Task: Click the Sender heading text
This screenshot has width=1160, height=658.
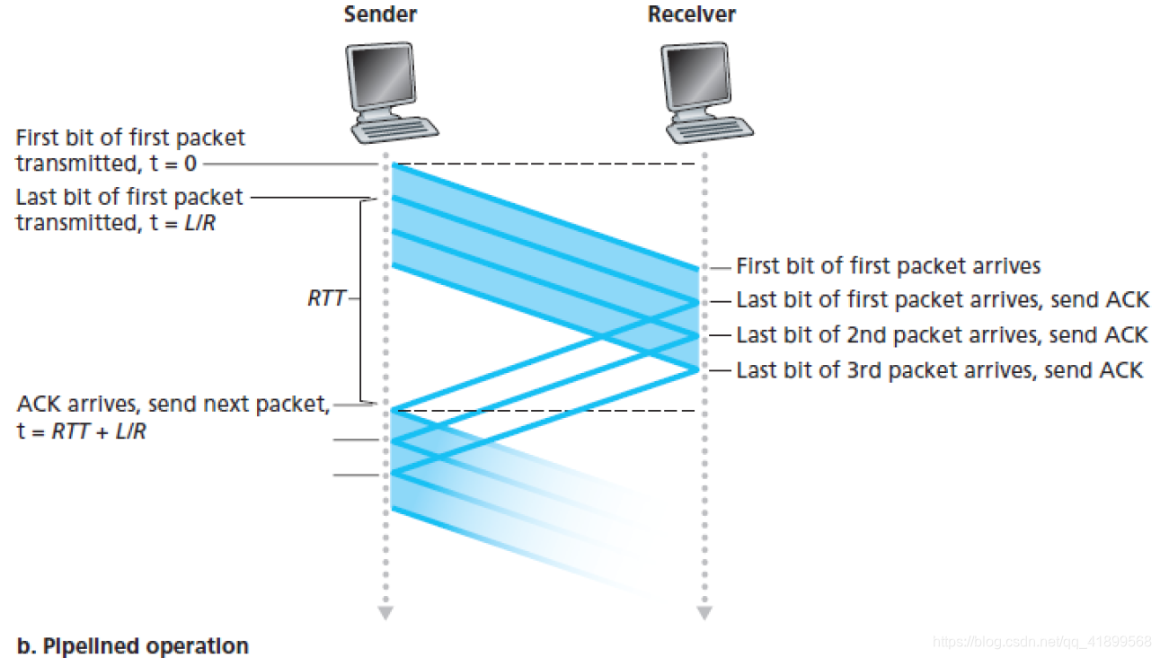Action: [380, 14]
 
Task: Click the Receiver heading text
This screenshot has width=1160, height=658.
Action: [691, 14]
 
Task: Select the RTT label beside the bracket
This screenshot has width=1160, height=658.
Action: [326, 298]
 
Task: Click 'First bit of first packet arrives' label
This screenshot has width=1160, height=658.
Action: [888, 266]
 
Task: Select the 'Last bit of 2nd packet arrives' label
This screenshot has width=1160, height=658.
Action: [942, 335]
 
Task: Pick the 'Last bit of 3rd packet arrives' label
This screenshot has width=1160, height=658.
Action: [939, 369]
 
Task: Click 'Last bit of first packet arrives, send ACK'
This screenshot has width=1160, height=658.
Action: [943, 300]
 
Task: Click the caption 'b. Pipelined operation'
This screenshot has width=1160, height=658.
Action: [132, 645]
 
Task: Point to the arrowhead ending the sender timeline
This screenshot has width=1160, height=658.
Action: [385, 614]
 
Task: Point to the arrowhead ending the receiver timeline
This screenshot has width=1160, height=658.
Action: [704, 614]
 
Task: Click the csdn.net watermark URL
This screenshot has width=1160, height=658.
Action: [1042, 642]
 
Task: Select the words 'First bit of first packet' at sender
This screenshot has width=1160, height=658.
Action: [129, 138]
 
